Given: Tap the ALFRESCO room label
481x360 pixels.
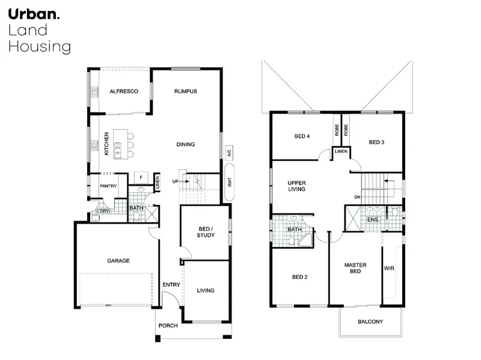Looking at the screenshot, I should pyautogui.click(x=124, y=91).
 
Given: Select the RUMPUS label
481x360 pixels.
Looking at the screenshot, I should pyautogui.click(x=186, y=91).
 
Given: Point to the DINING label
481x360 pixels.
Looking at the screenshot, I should pyautogui.click(x=186, y=144).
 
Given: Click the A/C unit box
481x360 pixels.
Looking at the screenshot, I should pyautogui.click(x=229, y=153).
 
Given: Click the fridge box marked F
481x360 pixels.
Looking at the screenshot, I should pyautogui.click(x=140, y=177).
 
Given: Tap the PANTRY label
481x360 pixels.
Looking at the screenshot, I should pyautogui.click(x=108, y=186).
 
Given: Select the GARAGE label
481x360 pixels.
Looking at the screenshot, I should pyautogui.click(x=118, y=261).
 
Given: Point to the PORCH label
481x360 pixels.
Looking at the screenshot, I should pyautogui.click(x=168, y=326).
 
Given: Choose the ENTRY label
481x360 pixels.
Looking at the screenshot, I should pyautogui.click(x=171, y=285).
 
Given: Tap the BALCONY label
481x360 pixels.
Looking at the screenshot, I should pyautogui.click(x=370, y=322).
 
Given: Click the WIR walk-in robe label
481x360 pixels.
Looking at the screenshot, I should pyautogui.click(x=389, y=269).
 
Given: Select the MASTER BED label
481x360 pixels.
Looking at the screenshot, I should pyautogui.click(x=355, y=268).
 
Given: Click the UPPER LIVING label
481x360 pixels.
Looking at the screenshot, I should pyautogui.click(x=297, y=186).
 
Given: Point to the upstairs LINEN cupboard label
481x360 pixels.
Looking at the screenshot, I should pyautogui.click(x=341, y=151).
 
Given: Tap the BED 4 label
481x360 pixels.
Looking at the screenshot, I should pyautogui.click(x=302, y=136).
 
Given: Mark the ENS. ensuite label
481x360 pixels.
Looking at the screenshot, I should pyautogui.click(x=373, y=221).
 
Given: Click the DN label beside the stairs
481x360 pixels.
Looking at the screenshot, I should pyautogui.click(x=357, y=197).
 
